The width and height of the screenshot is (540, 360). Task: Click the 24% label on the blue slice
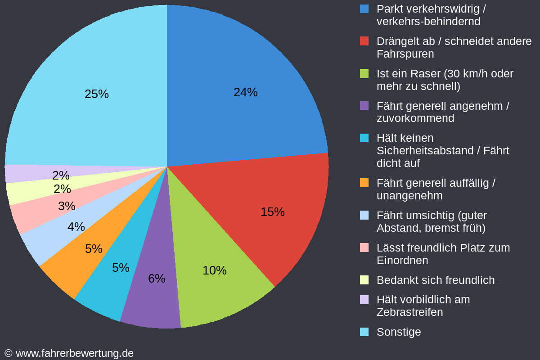[x=245, y=92]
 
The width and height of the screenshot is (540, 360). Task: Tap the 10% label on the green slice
[x=215, y=270]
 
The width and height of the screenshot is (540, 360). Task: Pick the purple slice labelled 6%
[x=154, y=277]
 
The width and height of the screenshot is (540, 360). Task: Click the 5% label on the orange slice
[x=94, y=249]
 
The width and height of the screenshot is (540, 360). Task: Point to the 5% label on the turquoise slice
[x=121, y=268]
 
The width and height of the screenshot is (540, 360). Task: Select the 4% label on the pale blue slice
[x=76, y=227]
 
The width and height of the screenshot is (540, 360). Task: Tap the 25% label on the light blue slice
[x=97, y=94]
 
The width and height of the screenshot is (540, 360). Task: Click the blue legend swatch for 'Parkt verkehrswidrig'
[x=364, y=9]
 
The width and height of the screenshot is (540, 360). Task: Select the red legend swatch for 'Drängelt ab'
[x=364, y=41]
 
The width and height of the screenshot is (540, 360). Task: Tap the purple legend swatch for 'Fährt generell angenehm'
[x=364, y=106]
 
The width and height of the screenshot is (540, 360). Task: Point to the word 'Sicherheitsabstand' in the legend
[x=425, y=151]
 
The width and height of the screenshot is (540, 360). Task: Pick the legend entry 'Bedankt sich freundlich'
[x=436, y=280]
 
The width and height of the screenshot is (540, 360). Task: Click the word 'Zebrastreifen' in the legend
[x=410, y=312]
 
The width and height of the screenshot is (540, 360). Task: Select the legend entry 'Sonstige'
[x=399, y=332]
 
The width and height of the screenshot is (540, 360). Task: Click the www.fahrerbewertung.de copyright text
[x=69, y=354]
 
